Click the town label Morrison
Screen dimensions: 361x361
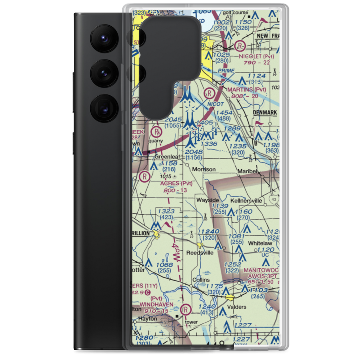[x=204, y=169]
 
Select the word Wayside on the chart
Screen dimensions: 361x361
[x=207, y=200]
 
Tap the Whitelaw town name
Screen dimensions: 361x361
[x=260, y=244]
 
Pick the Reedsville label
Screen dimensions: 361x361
[x=200, y=253]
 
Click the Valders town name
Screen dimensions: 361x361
[x=237, y=307]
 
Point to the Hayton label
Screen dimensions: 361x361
[x=148, y=319]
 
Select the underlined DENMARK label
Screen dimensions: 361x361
[x=265, y=113]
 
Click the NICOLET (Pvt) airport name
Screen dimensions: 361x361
[x=256, y=56]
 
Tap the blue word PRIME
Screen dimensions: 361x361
[x=226, y=71]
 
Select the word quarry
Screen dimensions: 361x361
[x=158, y=141]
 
